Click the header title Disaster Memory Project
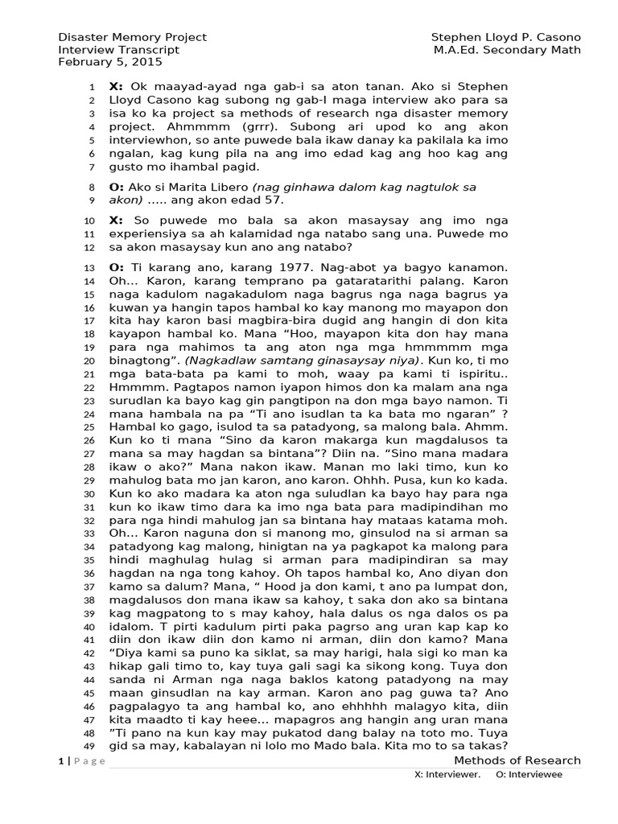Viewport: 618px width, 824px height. pyautogui.click(x=132, y=37)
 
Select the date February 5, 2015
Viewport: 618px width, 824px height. pyautogui.click(x=110, y=61)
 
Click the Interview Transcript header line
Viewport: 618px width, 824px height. pyautogui.click(x=118, y=50)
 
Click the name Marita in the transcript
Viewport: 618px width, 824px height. pyautogui.click(x=183, y=187)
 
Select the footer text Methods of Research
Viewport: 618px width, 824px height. pyautogui.click(x=517, y=760)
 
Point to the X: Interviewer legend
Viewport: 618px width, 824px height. pyautogui.click(x=447, y=774)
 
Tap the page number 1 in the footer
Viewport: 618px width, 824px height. pyautogui.click(x=60, y=761)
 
